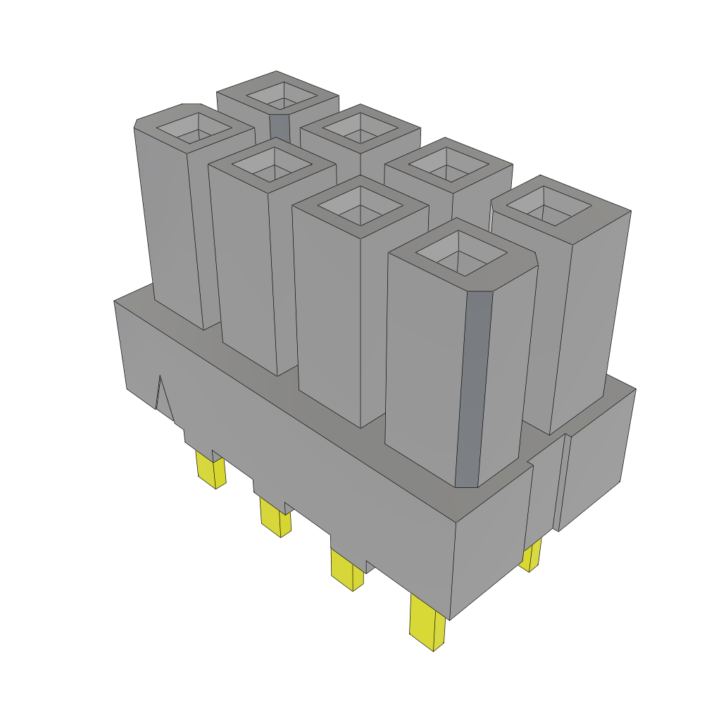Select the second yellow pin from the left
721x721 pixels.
(275, 515)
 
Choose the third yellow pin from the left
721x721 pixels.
(346, 570)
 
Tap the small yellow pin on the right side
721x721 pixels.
(531, 556)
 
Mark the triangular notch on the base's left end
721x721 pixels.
(163, 398)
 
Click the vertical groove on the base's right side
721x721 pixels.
(562, 482)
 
